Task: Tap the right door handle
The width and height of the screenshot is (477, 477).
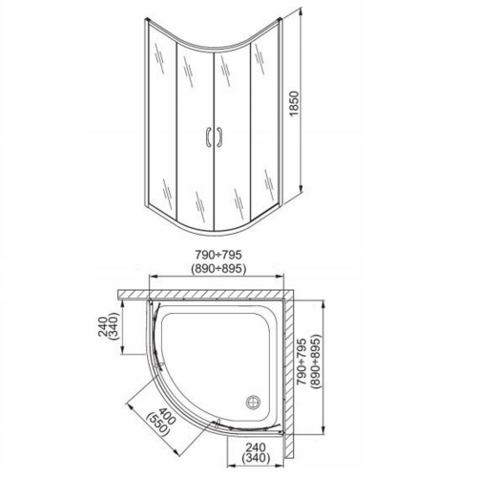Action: (x=219, y=138)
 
